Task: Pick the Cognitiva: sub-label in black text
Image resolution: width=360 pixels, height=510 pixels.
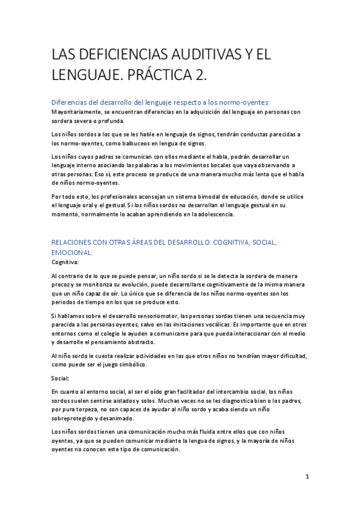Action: pyautogui.click(x=64, y=262)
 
